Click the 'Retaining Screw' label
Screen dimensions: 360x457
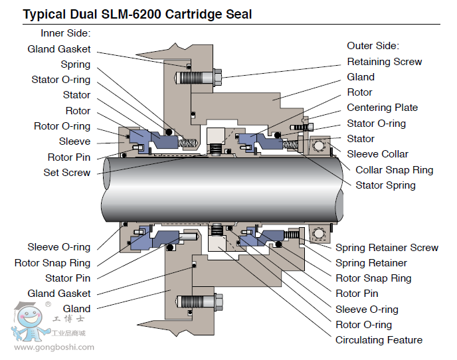[x=385, y=62]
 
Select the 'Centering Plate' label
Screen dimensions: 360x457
[x=383, y=108]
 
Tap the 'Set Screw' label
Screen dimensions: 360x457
[x=66, y=173]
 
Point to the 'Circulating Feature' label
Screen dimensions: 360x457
[x=379, y=340]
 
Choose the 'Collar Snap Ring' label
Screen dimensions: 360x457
[x=394, y=170]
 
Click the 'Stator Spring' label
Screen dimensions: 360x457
[x=385, y=185]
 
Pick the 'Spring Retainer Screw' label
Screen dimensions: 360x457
[x=387, y=248]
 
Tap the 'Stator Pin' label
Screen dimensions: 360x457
[x=68, y=278]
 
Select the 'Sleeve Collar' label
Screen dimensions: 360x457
[x=378, y=154]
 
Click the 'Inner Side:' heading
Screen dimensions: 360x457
[x=65, y=33]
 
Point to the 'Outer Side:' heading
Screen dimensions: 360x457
[x=373, y=46]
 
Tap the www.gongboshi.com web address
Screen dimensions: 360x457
[x=54, y=347]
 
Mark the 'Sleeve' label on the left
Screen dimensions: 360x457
[x=74, y=141]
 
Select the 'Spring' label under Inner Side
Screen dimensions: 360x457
[x=75, y=64]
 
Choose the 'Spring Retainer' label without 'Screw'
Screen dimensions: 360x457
[x=371, y=263]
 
